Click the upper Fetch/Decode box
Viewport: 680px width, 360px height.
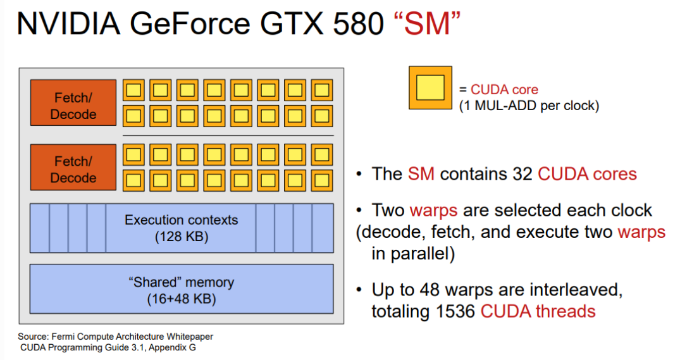[73, 102]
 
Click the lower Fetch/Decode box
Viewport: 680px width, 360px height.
[73, 168]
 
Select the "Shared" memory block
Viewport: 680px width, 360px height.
[182, 289]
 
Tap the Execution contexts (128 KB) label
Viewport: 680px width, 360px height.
[182, 228]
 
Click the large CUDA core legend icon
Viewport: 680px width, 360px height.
[430, 87]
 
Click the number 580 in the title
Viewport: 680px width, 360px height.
[358, 23]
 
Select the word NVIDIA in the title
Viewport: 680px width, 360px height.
[68, 23]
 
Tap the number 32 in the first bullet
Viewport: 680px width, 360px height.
[522, 174]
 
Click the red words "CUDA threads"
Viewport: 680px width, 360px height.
[538, 311]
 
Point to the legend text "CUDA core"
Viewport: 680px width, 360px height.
[504, 89]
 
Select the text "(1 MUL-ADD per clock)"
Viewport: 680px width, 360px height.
[529, 106]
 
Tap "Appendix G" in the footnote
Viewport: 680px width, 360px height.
[172, 347]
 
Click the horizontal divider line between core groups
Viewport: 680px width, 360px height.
[228, 136]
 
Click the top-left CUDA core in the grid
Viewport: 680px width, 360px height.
[133, 90]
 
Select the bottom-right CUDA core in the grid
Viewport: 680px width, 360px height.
[322, 180]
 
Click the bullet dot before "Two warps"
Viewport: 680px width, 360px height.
[359, 210]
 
